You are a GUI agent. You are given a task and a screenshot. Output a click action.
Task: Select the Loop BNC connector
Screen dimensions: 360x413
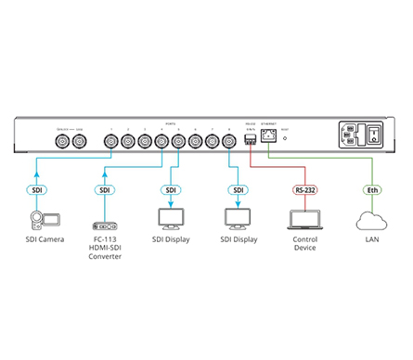click(79, 141)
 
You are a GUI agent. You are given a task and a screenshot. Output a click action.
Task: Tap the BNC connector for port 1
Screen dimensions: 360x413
click(111, 141)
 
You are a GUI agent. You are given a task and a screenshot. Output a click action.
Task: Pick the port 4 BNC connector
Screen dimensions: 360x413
click(161, 141)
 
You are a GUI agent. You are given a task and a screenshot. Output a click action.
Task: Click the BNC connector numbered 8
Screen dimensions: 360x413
click(228, 141)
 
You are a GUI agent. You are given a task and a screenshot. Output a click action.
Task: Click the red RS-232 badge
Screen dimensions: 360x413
click(303, 190)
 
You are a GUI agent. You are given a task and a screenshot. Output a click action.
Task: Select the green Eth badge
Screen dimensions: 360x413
click(369, 190)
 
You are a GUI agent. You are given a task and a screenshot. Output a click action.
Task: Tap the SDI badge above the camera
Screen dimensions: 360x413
click(37, 190)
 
